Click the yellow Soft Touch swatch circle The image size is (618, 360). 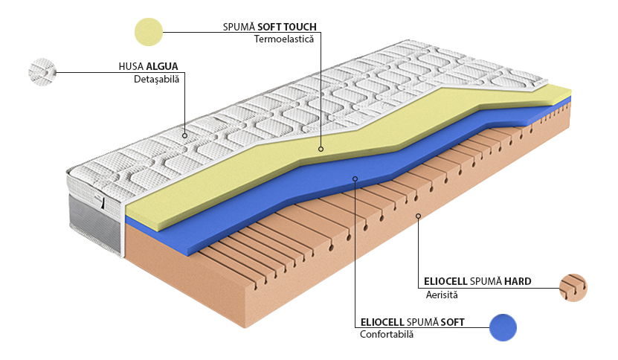[x=149, y=32]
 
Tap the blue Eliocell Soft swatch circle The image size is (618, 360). [x=503, y=327]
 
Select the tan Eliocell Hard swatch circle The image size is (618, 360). [x=573, y=287]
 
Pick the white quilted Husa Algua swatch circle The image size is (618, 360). [x=42, y=72]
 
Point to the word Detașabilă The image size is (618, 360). [x=157, y=79]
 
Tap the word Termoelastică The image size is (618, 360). [x=286, y=38]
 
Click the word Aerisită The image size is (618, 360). [x=442, y=295]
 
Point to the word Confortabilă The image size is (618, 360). [x=387, y=334]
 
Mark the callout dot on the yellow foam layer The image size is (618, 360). [x=321, y=149]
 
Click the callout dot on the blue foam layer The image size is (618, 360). [x=355, y=179]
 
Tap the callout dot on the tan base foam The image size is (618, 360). [x=419, y=216]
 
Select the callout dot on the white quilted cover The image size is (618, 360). [x=184, y=135]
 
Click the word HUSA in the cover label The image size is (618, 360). [x=131, y=66]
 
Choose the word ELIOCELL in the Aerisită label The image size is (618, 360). [x=445, y=282]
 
